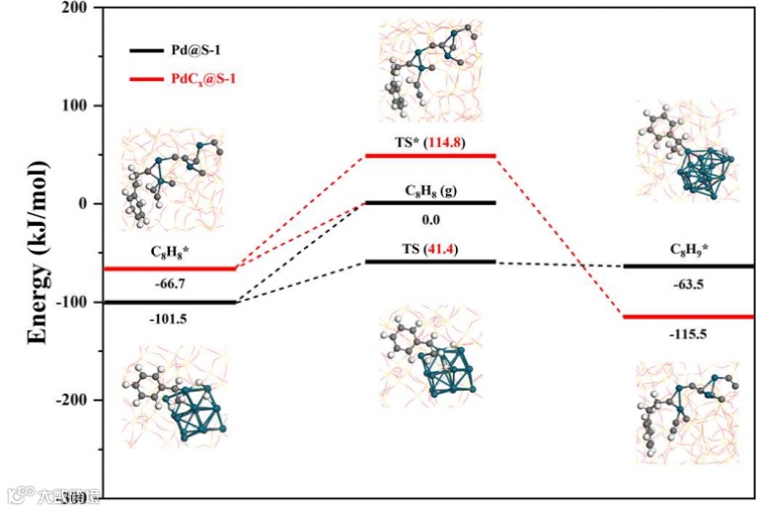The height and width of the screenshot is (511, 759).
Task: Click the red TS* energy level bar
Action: tap(429, 155)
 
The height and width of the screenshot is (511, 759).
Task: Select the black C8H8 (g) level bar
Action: tap(429, 202)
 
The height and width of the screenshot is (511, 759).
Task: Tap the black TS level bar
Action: tap(429, 261)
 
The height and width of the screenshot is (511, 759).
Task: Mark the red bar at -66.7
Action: tap(171, 268)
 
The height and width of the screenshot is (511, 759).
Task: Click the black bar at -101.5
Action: tap(171, 302)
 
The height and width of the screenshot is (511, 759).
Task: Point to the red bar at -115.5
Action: tap(688, 317)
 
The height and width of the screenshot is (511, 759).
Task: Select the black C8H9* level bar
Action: tap(688, 265)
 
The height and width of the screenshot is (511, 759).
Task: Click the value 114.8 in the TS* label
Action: tap(443, 142)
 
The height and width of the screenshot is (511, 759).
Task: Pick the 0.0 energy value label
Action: tap(429, 219)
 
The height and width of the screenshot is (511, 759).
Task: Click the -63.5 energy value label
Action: tap(688, 283)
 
